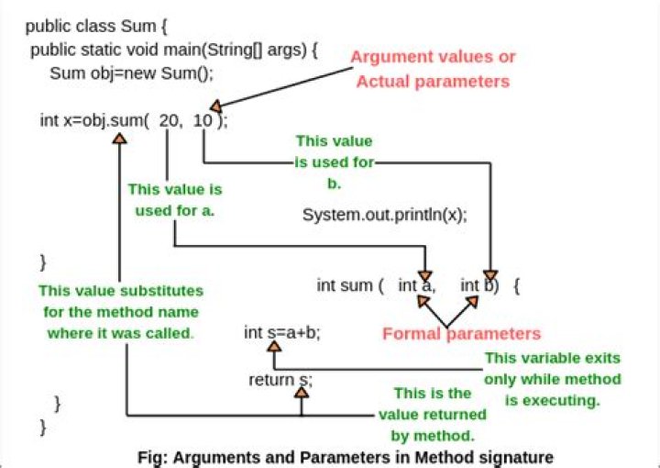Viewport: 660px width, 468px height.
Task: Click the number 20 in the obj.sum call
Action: (x=170, y=120)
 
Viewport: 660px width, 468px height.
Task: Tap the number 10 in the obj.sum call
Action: (x=203, y=120)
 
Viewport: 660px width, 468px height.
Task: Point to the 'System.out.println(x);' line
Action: (x=384, y=216)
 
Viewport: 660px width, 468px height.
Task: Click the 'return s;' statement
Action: (x=280, y=380)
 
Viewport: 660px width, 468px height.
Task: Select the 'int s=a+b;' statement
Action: (x=282, y=332)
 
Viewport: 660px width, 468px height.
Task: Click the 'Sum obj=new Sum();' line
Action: (x=131, y=74)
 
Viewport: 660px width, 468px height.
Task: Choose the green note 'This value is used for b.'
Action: (x=334, y=162)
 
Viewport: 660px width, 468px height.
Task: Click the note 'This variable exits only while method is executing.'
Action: (x=552, y=379)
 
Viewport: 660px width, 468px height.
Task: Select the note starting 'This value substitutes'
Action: (x=120, y=311)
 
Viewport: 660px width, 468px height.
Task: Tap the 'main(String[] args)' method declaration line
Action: (x=174, y=48)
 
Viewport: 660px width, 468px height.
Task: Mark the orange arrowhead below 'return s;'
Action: (x=301, y=393)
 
